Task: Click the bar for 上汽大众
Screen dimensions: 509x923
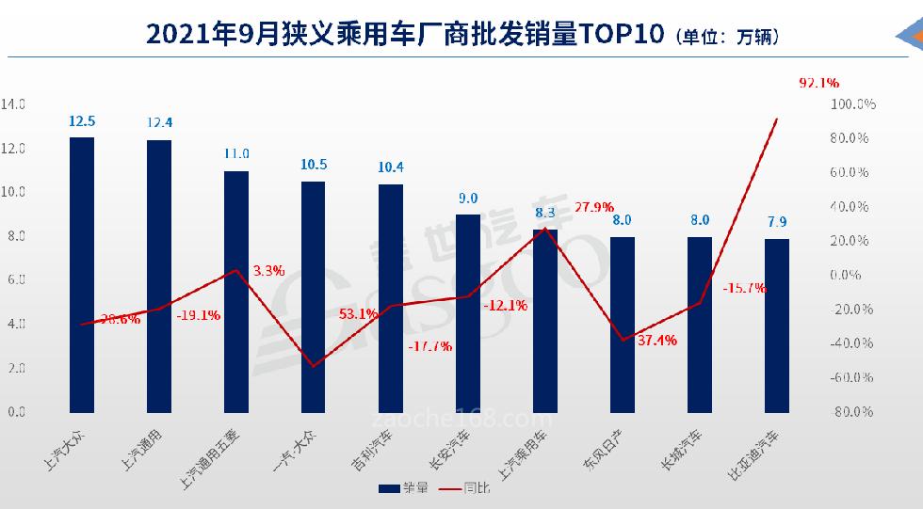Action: click(82, 275)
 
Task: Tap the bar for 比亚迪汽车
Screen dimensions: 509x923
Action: click(777, 326)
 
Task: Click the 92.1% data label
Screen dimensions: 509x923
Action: click(818, 83)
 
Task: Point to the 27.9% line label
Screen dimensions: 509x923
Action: click(594, 207)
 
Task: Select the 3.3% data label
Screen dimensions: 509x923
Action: click(268, 270)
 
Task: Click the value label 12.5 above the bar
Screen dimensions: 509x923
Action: click(82, 120)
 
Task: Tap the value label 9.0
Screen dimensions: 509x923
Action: click(468, 198)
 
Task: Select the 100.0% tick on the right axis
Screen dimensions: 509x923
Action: click(852, 104)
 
